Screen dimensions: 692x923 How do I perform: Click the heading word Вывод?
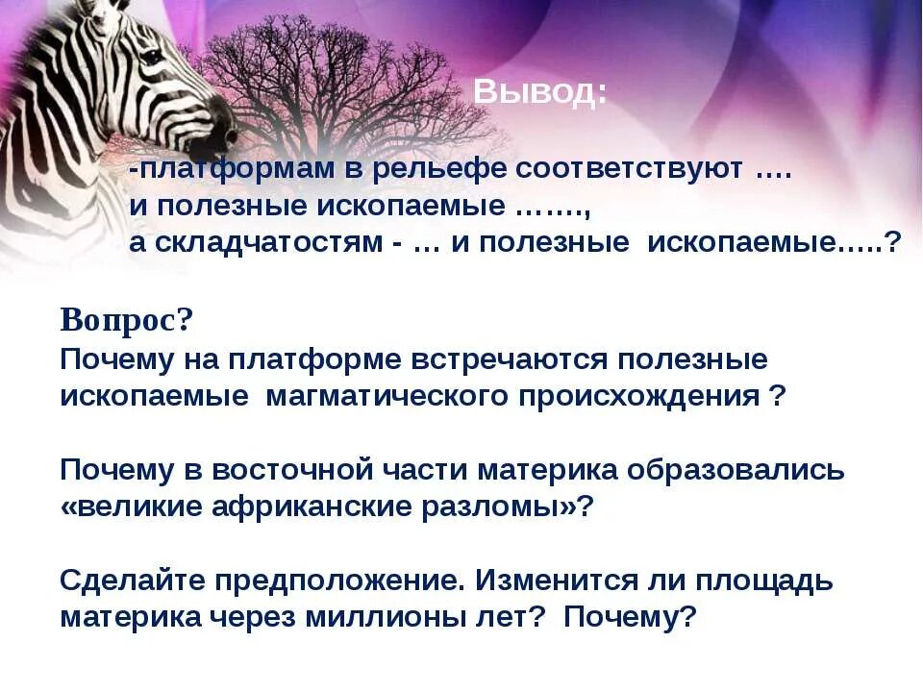pyautogui.click(x=539, y=92)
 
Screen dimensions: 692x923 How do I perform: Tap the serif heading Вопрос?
pyautogui.click(x=126, y=320)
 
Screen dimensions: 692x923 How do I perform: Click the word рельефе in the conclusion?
pyautogui.click(x=437, y=168)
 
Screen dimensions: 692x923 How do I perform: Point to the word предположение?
pyautogui.click(x=336, y=581)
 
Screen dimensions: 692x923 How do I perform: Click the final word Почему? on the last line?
pyautogui.click(x=629, y=617)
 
